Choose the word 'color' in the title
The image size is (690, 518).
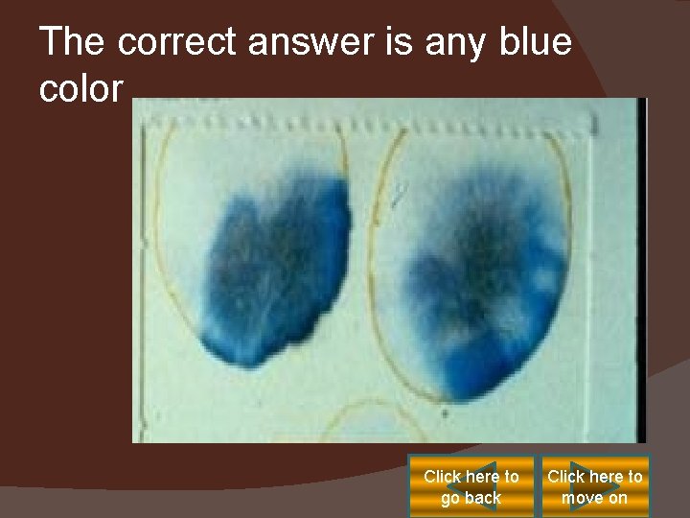tap(81, 89)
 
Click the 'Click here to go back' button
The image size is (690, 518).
tap(471, 486)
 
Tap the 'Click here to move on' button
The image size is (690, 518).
tap(594, 486)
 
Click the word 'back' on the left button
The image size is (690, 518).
tap(483, 498)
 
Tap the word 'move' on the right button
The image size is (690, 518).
tap(582, 498)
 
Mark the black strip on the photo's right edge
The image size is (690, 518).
tap(641, 269)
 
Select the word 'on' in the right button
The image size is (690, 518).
tap(617, 498)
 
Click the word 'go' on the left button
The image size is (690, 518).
tap(450, 498)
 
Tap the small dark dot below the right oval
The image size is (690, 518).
tap(445, 414)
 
